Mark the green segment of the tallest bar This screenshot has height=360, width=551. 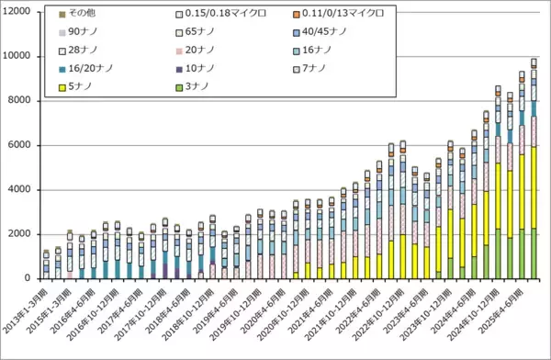534,253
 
